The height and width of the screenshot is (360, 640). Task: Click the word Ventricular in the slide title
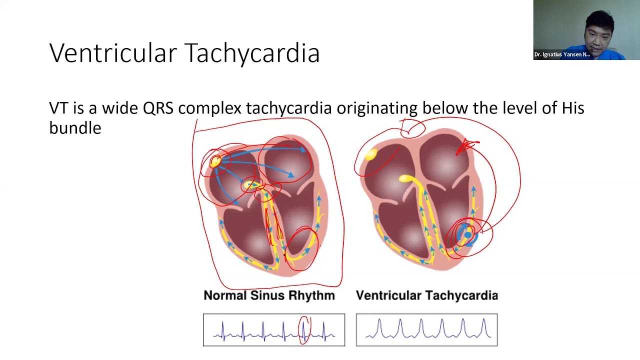click(113, 52)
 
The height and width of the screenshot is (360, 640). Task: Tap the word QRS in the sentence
click(158, 108)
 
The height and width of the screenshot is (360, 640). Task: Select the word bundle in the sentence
click(75, 127)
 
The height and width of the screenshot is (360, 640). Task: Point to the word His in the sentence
click(573, 108)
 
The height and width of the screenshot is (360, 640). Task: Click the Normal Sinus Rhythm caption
click(269, 295)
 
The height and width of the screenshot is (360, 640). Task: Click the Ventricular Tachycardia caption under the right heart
click(427, 295)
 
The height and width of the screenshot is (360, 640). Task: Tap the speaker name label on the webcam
click(562, 54)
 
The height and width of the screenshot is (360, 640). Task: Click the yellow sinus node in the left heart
click(215, 161)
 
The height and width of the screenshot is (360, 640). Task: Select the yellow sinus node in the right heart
click(371, 154)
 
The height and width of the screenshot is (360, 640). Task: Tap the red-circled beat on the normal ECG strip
click(303, 330)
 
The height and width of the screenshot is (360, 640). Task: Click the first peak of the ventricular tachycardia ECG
click(379, 319)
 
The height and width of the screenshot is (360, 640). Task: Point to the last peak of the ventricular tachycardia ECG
click(484, 319)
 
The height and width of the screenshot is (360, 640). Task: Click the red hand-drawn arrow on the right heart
click(466, 147)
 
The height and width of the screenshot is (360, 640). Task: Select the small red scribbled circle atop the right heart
click(412, 128)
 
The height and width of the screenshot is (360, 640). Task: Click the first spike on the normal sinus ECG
click(223, 331)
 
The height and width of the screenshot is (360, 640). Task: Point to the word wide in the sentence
click(120, 108)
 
